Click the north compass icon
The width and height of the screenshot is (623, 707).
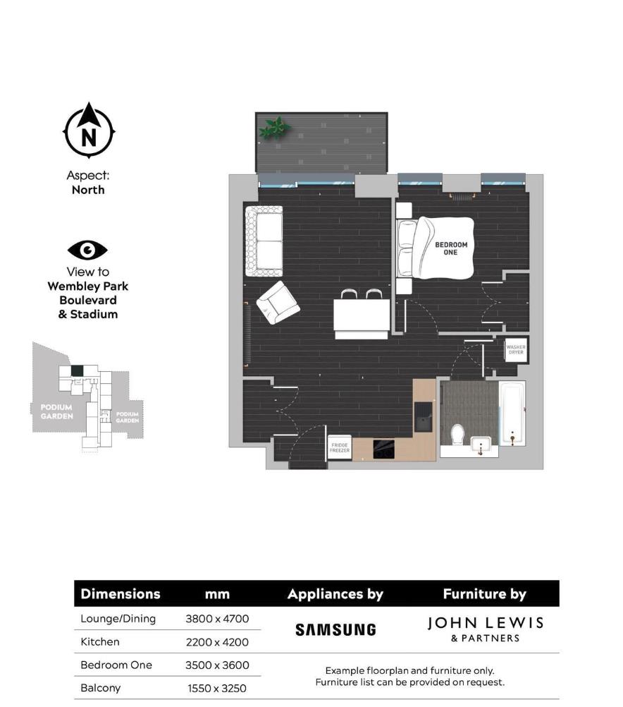[89, 131]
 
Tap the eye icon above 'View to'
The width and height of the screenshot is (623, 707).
[87, 249]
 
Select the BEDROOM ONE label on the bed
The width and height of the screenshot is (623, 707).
[450, 248]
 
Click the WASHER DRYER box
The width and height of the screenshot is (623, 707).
[516, 350]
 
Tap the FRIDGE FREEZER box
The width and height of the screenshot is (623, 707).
[339, 447]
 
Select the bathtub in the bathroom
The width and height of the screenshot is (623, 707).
[512, 415]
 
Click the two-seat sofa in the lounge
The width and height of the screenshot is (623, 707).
[264, 241]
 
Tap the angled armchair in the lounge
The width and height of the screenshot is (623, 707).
[277, 302]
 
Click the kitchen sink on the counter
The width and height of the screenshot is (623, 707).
[424, 416]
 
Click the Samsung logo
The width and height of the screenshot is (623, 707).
[335, 629]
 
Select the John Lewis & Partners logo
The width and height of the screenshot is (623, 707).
[486, 628]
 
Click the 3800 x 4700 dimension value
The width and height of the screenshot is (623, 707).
[217, 619]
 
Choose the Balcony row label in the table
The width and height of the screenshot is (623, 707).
[100, 687]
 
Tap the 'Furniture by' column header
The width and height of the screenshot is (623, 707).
[484, 594]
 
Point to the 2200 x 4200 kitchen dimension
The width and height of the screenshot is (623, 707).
[217, 642]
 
